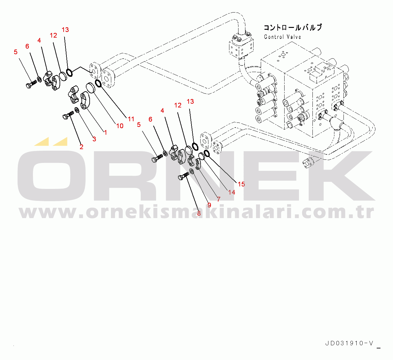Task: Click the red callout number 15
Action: click(x=241, y=184)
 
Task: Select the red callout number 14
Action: click(x=232, y=192)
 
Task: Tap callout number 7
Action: click(x=219, y=199)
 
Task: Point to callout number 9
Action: click(x=209, y=205)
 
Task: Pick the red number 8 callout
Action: click(x=199, y=213)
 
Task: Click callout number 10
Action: click(x=120, y=126)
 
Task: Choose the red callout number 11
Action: click(x=131, y=119)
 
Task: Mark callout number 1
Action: click(x=106, y=133)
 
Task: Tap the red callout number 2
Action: click(x=81, y=147)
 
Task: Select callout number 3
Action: click(x=94, y=139)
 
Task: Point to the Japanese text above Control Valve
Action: click(x=293, y=28)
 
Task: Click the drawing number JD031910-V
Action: click(x=349, y=343)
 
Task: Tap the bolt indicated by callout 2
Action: click(x=67, y=116)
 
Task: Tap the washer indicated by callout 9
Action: click(x=192, y=171)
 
